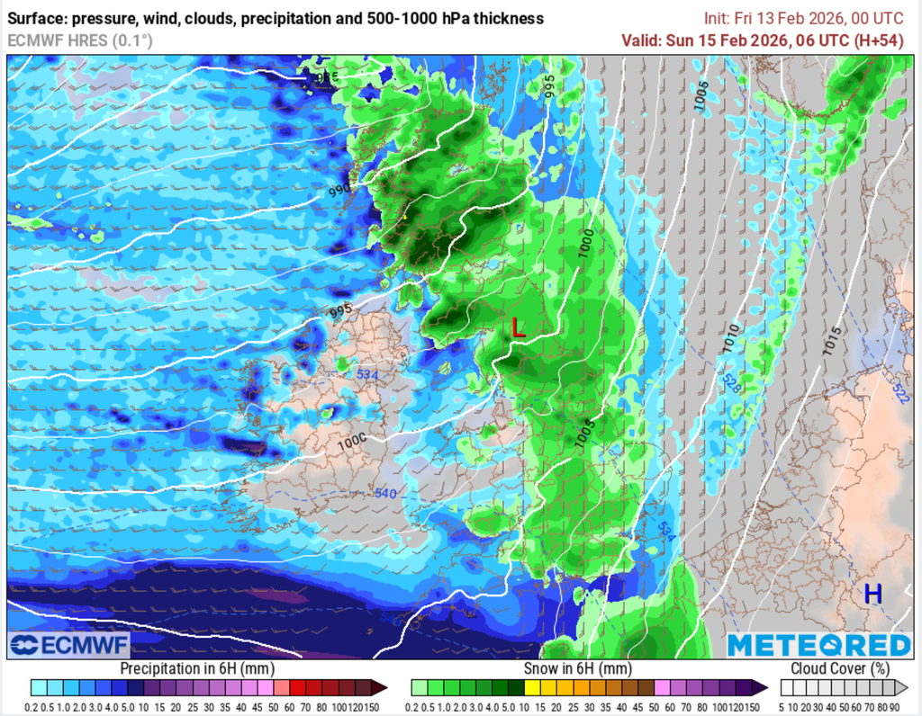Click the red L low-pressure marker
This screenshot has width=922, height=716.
point(518,327)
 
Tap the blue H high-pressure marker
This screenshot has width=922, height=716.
point(872,594)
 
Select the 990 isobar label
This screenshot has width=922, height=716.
point(339,191)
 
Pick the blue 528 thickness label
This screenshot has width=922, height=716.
point(732,382)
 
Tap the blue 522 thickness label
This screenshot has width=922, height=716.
point(899,391)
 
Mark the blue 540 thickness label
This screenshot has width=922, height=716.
point(385,493)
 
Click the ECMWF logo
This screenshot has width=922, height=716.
point(70,645)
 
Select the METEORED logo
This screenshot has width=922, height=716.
point(818,646)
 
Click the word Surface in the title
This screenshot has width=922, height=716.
point(37,18)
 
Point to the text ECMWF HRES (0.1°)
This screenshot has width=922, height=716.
point(80,40)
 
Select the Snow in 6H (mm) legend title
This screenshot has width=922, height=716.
point(576,668)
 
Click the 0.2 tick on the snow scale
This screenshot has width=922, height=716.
point(417,707)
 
